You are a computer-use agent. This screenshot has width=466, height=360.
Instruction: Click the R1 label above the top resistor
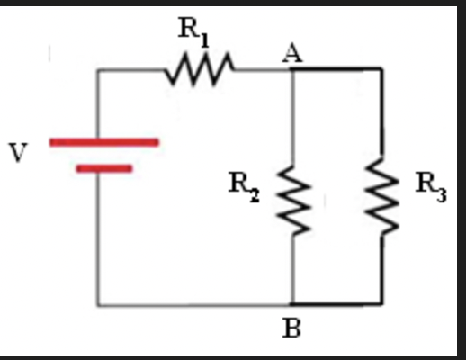click(191, 30)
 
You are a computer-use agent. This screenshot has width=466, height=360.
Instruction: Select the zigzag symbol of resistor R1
click(201, 68)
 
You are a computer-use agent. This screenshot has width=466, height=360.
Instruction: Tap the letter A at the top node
click(291, 53)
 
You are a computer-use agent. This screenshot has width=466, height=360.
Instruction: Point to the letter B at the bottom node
click(291, 329)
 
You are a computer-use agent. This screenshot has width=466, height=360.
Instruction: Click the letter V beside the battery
click(17, 154)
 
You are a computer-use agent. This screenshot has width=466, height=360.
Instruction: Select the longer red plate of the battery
click(103, 141)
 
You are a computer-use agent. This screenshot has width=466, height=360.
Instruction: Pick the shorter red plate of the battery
click(104, 167)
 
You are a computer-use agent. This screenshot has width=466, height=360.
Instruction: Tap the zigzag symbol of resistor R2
click(293, 197)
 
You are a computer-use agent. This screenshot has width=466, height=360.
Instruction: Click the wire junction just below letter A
click(293, 69)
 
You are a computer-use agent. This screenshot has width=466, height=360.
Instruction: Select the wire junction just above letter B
click(293, 304)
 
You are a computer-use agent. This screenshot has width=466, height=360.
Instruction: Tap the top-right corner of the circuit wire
click(381, 69)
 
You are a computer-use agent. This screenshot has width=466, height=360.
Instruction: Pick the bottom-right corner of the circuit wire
click(381, 304)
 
